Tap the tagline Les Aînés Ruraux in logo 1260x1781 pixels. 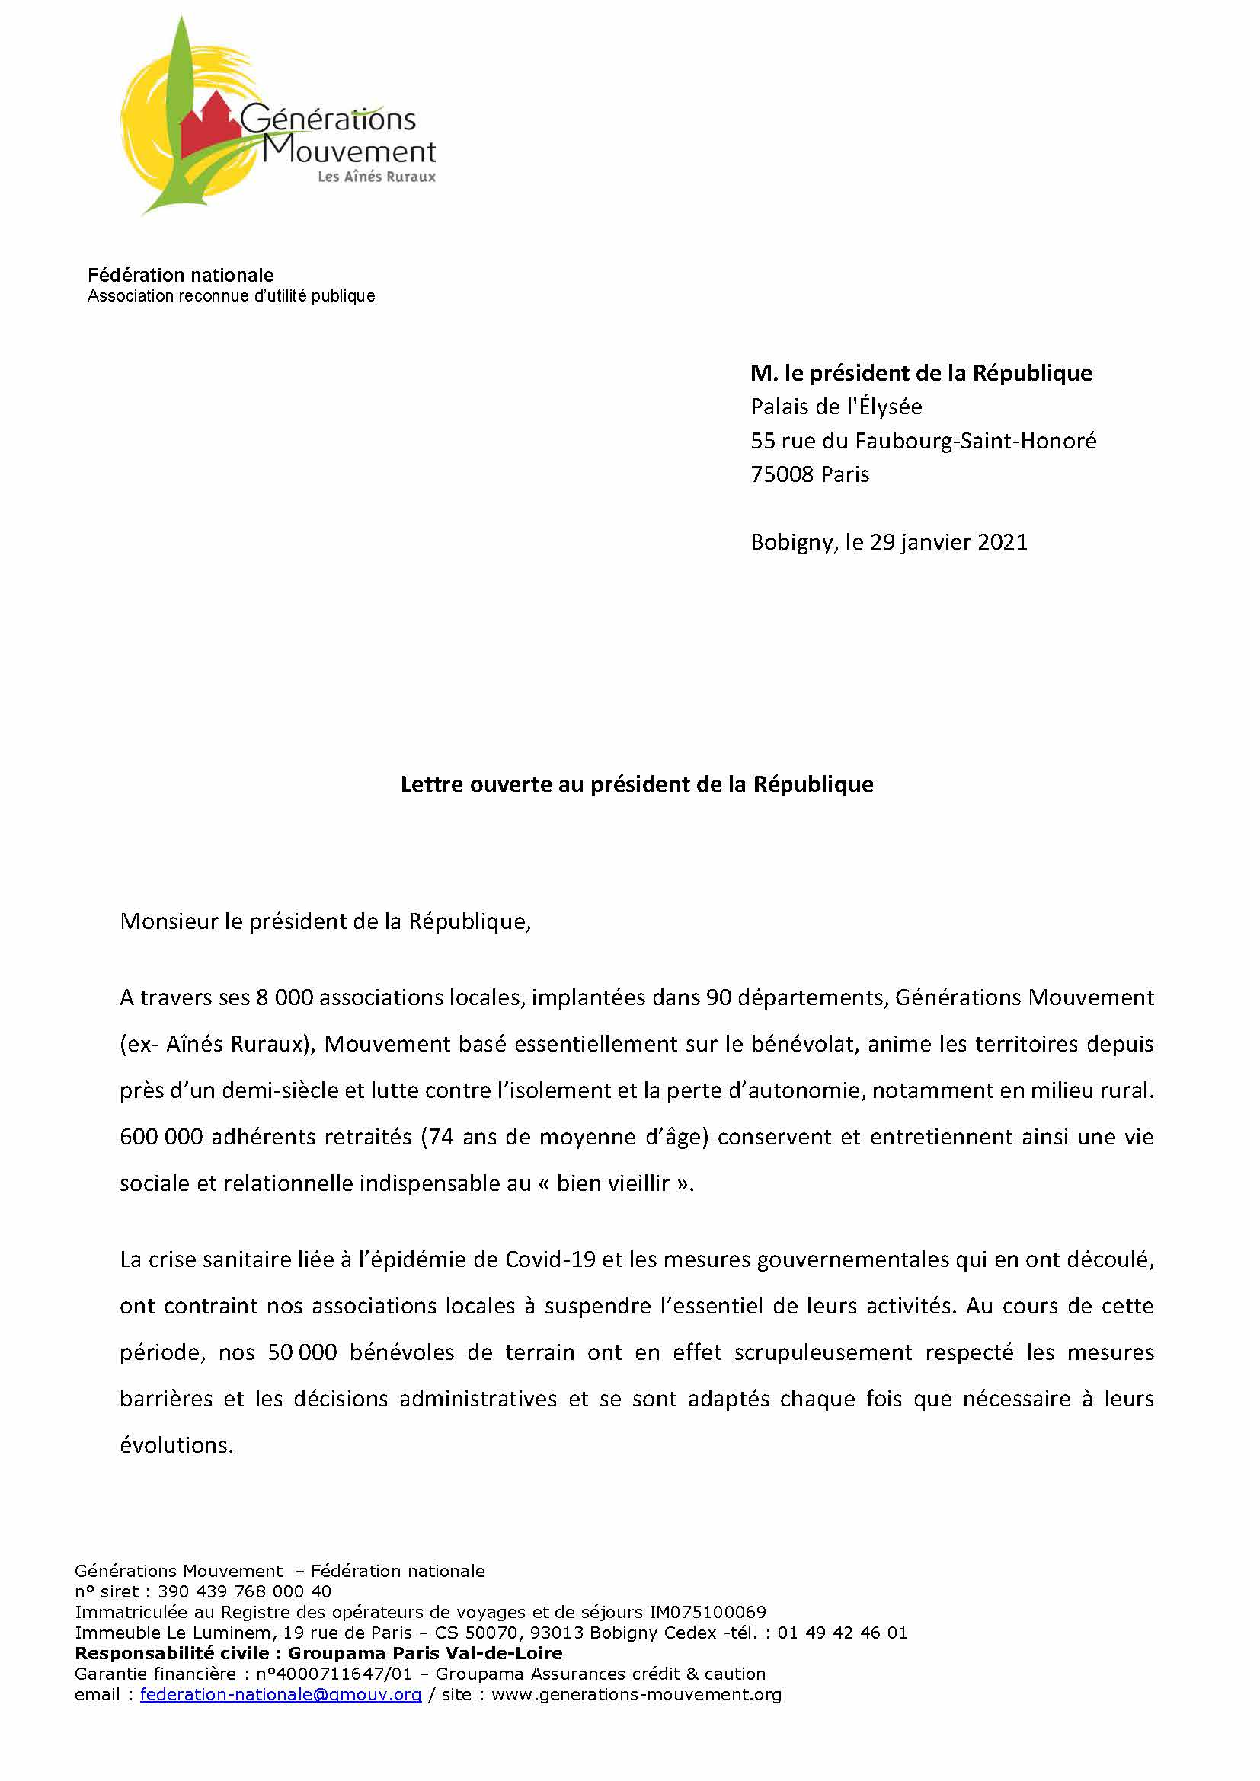coord(376,177)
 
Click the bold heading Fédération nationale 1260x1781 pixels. coord(181,276)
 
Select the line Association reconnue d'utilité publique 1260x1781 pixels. coord(232,296)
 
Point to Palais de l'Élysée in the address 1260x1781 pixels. coord(836,407)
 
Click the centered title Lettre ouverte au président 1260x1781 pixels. coord(636,784)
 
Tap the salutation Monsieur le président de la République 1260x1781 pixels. coord(325,921)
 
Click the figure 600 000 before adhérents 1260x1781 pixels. coord(161,1137)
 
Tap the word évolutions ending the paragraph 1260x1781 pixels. coord(176,1446)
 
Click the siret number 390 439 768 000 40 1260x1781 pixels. coord(245,1591)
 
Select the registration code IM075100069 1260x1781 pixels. coord(707,1612)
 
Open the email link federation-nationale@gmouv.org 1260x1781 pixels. coord(280,1694)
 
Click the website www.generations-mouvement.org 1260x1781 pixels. coord(636,1694)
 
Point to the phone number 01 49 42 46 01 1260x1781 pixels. coord(842,1633)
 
